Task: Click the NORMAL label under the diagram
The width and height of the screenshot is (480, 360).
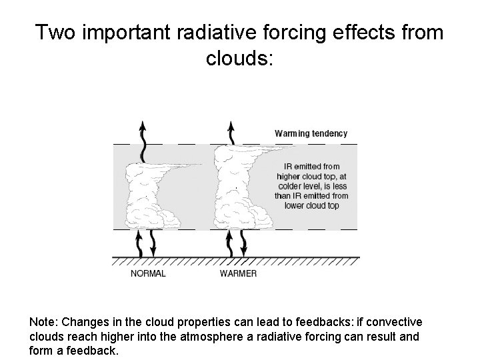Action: click(148, 273)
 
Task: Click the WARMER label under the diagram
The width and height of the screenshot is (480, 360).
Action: click(238, 273)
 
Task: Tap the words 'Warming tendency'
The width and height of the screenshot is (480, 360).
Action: click(311, 133)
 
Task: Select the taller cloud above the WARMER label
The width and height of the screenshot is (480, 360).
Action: click(233, 187)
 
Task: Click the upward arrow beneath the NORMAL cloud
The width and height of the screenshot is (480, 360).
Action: click(140, 244)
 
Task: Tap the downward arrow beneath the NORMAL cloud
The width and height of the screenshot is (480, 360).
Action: click(153, 244)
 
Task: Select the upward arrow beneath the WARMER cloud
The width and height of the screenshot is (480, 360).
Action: click(231, 244)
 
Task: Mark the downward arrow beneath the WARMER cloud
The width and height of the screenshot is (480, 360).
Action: click(243, 244)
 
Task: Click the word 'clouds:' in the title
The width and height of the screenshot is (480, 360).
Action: click(239, 59)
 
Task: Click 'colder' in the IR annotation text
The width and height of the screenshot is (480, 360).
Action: click(291, 186)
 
